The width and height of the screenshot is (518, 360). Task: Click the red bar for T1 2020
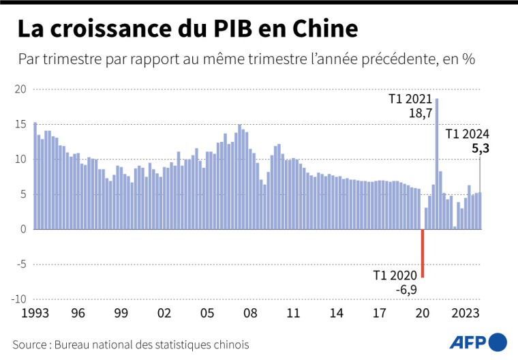click(423, 253)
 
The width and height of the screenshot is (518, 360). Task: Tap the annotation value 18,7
click(421, 114)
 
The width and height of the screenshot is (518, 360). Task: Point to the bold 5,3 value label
click(480, 148)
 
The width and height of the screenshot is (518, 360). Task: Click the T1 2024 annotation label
click(467, 134)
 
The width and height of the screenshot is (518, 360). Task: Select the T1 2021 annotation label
click(410, 100)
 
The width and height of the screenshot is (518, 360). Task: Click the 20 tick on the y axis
click(20, 89)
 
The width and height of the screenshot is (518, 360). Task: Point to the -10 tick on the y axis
click(18, 299)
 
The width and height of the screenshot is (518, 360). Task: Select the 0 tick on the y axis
click(23, 229)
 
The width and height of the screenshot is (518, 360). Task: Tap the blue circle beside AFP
click(498, 342)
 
